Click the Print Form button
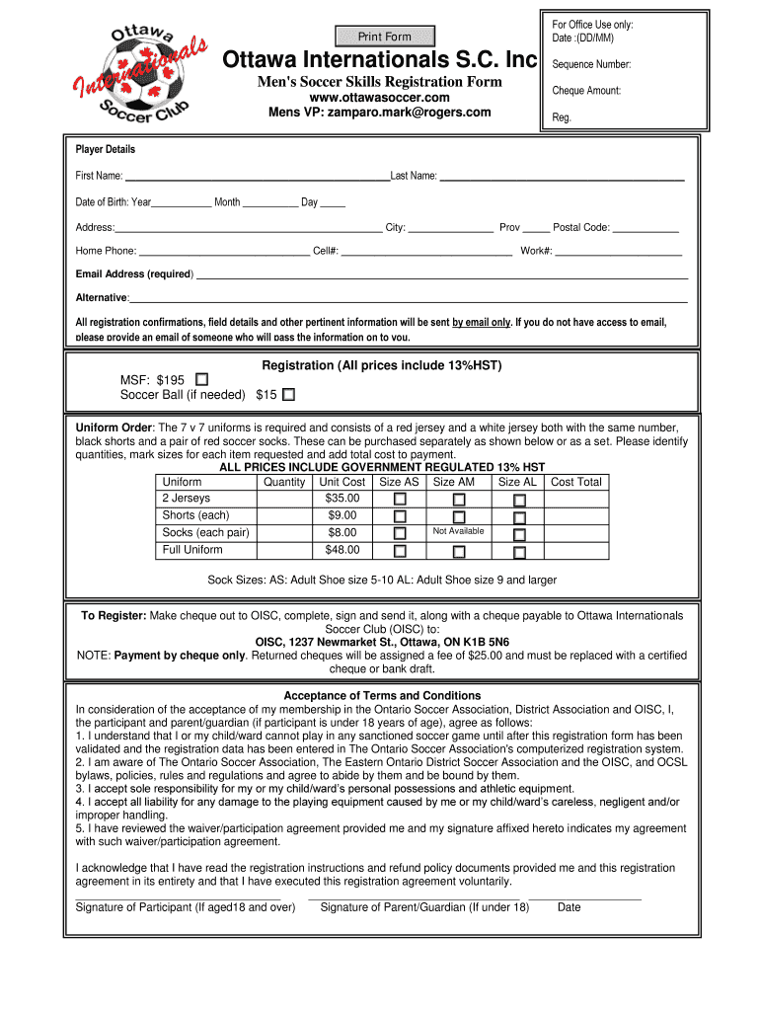[384, 37]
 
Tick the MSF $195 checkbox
[202, 379]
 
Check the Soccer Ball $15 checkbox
[288, 395]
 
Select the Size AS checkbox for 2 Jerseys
[400, 500]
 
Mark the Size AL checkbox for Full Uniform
[519, 551]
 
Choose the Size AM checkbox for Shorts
[459, 516]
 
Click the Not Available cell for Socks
[458, 532]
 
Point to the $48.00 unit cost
[342, 550]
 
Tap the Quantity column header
[284, 482]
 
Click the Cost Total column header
[575, 482]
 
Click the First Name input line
[257, 178]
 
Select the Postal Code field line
[646, 229]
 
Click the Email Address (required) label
[134, 273]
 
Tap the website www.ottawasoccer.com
[379, 98]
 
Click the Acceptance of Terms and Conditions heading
[382, 696]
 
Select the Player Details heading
[106, 150]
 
